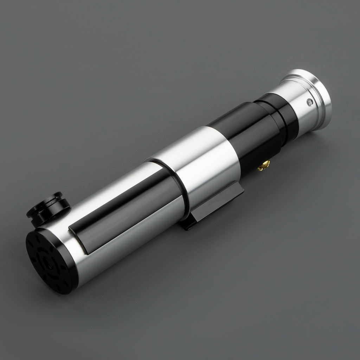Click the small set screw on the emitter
tap(310, 102)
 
